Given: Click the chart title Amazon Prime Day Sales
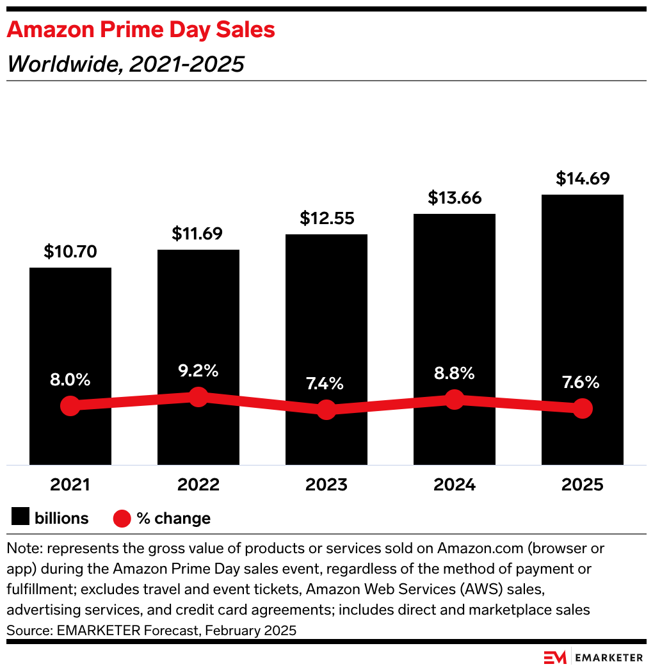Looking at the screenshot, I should (x=141, y=30).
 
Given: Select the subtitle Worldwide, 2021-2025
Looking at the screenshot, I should (x=125, y=64).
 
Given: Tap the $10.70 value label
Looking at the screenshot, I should (x=70, y=252).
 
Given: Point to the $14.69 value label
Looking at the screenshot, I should (x=583, y=179).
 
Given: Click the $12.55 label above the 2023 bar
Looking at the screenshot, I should (x=326, y=218).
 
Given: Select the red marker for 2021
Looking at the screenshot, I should (x=70, y=406).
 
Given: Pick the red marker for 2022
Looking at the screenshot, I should (x=198, y=397).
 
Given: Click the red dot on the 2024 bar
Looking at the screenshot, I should (x=455, y=400).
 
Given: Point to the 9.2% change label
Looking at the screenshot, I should (x=198, y=370).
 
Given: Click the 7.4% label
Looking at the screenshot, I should (x=326, y=384).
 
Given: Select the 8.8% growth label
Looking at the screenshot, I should (x=455, y=373).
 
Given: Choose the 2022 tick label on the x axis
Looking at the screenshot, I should (x=198, y=485).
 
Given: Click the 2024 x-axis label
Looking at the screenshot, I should (x=455, y=485).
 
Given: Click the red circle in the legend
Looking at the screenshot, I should (x=122, y=518).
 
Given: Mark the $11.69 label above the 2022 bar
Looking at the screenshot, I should (x=198, y=234).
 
